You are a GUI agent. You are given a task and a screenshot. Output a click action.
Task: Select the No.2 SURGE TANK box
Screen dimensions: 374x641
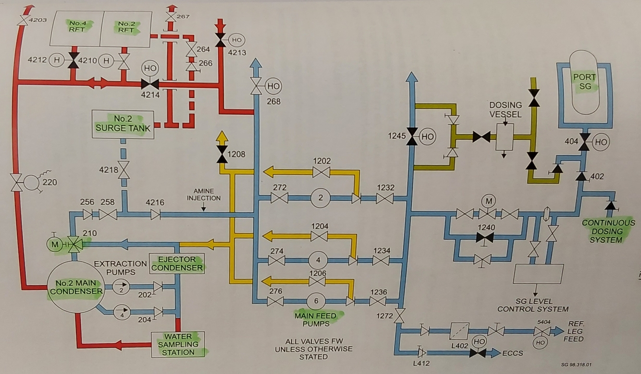tap(123, 124)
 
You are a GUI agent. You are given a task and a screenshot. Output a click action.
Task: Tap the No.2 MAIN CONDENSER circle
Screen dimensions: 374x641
tap(76, 286)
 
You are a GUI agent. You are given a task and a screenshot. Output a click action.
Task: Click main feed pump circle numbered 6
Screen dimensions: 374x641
tap(316, 301)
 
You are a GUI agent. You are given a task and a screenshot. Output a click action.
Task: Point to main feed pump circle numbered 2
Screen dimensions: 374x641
tap(320, 198)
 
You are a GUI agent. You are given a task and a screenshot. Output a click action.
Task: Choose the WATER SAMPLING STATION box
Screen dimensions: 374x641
tap(177, 344)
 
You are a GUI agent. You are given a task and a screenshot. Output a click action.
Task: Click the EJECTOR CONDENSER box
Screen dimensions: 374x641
tap(177, 263)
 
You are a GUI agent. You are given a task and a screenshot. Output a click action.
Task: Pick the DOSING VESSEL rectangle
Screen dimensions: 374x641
tap(505, 137)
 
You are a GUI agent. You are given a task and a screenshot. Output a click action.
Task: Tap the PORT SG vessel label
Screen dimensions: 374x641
tap(584, 82)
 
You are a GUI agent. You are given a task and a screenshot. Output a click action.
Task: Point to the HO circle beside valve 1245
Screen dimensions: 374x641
tap(428, 137)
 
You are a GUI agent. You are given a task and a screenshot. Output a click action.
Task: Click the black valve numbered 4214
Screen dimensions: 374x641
tap(150, 85)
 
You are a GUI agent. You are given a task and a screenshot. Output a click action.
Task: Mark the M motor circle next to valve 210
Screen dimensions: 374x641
tap(54, 244)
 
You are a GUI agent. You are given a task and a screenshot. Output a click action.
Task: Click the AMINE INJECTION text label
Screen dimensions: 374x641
tap(203, 194)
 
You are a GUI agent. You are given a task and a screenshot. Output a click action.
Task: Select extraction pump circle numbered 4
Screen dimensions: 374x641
tap(122, 313)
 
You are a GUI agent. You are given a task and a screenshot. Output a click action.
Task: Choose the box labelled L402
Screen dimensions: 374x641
tap(459, 331)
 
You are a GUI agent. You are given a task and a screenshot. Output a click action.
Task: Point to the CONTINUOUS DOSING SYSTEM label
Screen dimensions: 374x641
tap(602, 231)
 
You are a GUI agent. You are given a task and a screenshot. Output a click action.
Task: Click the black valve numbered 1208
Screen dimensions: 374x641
tap(222, 154)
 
